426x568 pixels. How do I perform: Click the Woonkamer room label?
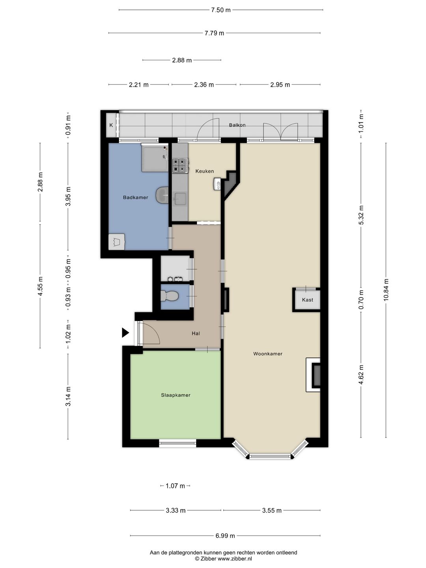[x=267, y=353]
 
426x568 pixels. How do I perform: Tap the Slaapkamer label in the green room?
[x=176, y=395]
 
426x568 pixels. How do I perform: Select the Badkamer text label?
[x=135, y=197]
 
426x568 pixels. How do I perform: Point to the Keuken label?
[x=205, y=171]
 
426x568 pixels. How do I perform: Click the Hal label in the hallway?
[x=196, y=333]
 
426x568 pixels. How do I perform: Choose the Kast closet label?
[x=307, y=300]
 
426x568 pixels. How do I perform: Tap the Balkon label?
[x=237, y=125]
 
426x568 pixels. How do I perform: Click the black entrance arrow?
[x=125, y=333]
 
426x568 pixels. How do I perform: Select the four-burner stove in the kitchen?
[x=180, y=165]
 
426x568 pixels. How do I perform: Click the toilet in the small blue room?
[x=169, y=295]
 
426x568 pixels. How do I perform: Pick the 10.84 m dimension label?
[x=386, y=290]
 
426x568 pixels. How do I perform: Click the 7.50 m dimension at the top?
[x=220, y=10]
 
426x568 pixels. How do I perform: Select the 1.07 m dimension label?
[x=175, y=486]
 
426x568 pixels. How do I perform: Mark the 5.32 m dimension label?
[x=361, y=215]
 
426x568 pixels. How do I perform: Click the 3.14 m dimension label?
[x=68, y=396]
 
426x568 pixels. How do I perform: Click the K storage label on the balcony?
[x=111, y=125]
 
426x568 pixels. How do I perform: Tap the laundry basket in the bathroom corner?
[x=116, y=242]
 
